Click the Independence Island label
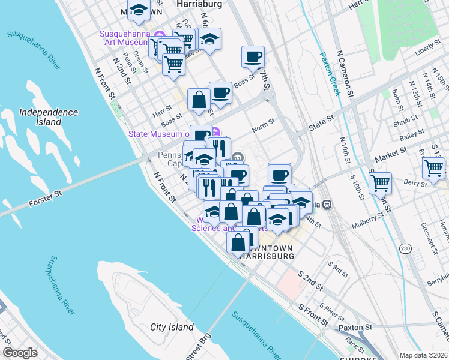point(48,117)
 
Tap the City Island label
point(172,327)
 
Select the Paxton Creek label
point(330,73)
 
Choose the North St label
point(263,124)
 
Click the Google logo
point(20,352)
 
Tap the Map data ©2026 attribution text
point(423,355)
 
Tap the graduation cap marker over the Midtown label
point(139,10)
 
